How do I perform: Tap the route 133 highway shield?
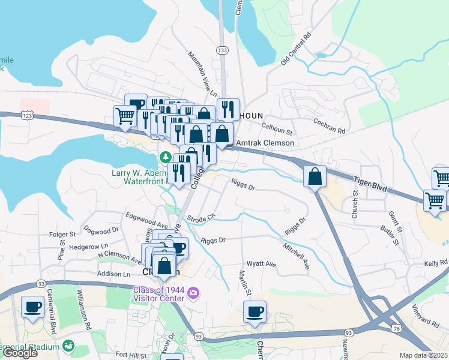pyautogui.click(x=222, y=50)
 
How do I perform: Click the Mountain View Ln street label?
pyautogui.click(x=202, y=74)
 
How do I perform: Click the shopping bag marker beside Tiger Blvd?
pyautogui.click(x=315, y=176)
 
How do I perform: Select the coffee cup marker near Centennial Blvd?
pyautogui.click(x=33, y=307)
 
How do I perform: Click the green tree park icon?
pyautogui.click(x=165, y=158)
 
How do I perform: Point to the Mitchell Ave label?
pyautogui.click(x=296, y=254)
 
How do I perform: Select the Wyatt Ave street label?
pyautogui.click(x=261, y=264)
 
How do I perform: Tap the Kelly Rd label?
pyautogui.click(x=436, y=263)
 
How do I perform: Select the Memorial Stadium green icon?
pyautogui.click(x=69, y=346)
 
